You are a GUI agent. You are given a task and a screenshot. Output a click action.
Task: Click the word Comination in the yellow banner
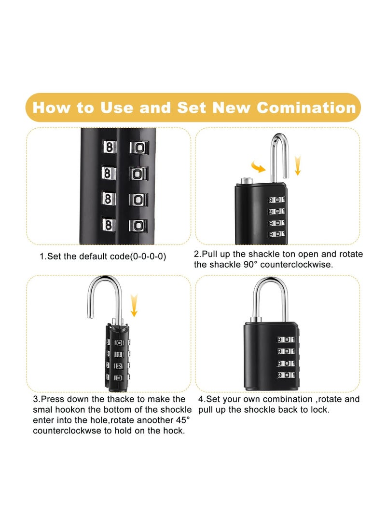coord(306,107)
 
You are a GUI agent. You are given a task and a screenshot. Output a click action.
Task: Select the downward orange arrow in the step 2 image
coord(298,165)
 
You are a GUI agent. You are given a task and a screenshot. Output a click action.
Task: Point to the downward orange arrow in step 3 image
coord(134,306)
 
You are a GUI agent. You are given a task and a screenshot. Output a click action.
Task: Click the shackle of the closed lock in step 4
coord(270,299)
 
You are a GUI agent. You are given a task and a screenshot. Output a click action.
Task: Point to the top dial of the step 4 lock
coord(286,339)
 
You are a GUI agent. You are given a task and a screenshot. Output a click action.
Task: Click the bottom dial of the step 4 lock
coord(286,375)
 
